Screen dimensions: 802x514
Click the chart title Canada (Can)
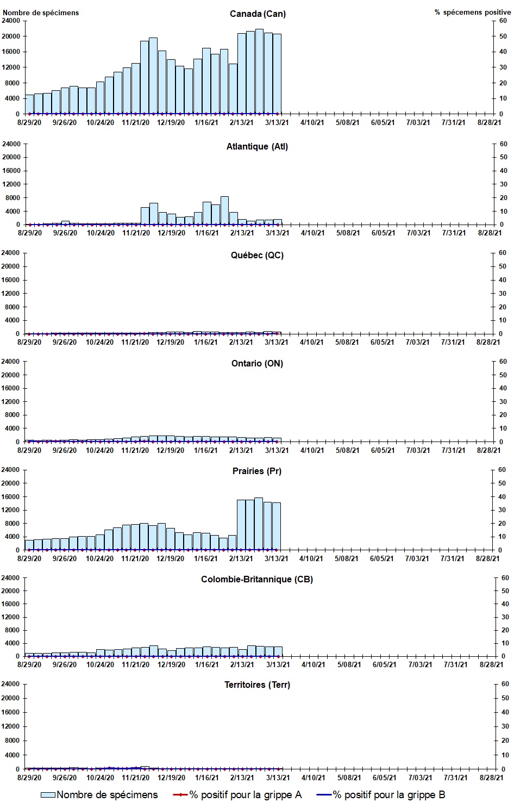pyautogui.click(x=258, y=14)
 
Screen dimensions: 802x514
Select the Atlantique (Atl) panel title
pyautogui.click(x=257, y=146)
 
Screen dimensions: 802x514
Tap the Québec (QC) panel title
pyautogui.click(x=257, y=255)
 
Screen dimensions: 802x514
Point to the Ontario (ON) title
pyautogui.click(x=257, y=363)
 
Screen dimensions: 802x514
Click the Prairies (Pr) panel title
pyautogui.click(x=257, y=471)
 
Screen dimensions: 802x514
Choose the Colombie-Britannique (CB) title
pyautogui.click(x=257, y=579)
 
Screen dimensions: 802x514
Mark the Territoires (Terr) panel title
pyautogui.click(x=257, y=685)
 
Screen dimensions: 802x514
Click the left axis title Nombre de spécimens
pyautogui.click(x=41, y=13)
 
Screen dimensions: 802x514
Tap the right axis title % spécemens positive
pyautogui.click(x=473, y=12)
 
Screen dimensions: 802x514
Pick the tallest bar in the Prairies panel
pyautogui.click(x=259, y=524)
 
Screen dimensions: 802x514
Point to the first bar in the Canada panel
pyautogui.click(x=29, y=104)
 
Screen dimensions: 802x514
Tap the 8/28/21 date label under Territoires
pyautogui.click(x=489, y=779)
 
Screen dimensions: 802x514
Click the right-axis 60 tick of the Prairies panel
pyautogui.click(x=502, y=470)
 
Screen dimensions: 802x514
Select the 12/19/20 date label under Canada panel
pyautogui.click(x=171, y=122)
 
